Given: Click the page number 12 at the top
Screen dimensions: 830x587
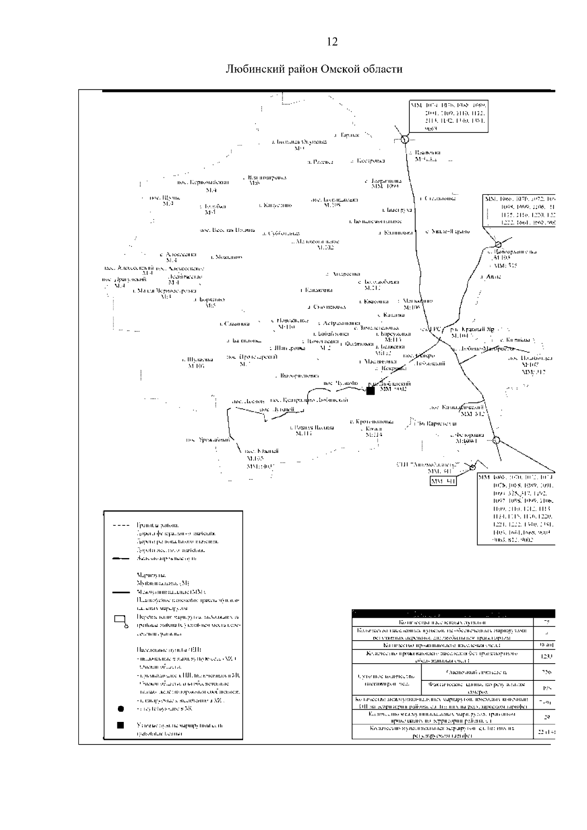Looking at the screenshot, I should pos(332,42).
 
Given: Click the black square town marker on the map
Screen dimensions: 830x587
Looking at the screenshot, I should pos(370,390).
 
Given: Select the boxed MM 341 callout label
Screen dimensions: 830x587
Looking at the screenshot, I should pos(443,481).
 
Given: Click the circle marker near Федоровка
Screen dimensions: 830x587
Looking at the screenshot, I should pos(496,440).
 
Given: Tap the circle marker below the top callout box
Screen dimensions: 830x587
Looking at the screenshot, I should pos(405,139).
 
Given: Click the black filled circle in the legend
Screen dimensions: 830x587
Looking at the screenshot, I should pos(120,708).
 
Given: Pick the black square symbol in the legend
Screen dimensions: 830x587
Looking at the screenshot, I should pos(120,725).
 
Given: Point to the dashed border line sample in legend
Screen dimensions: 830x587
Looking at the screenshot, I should pos(120,525).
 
